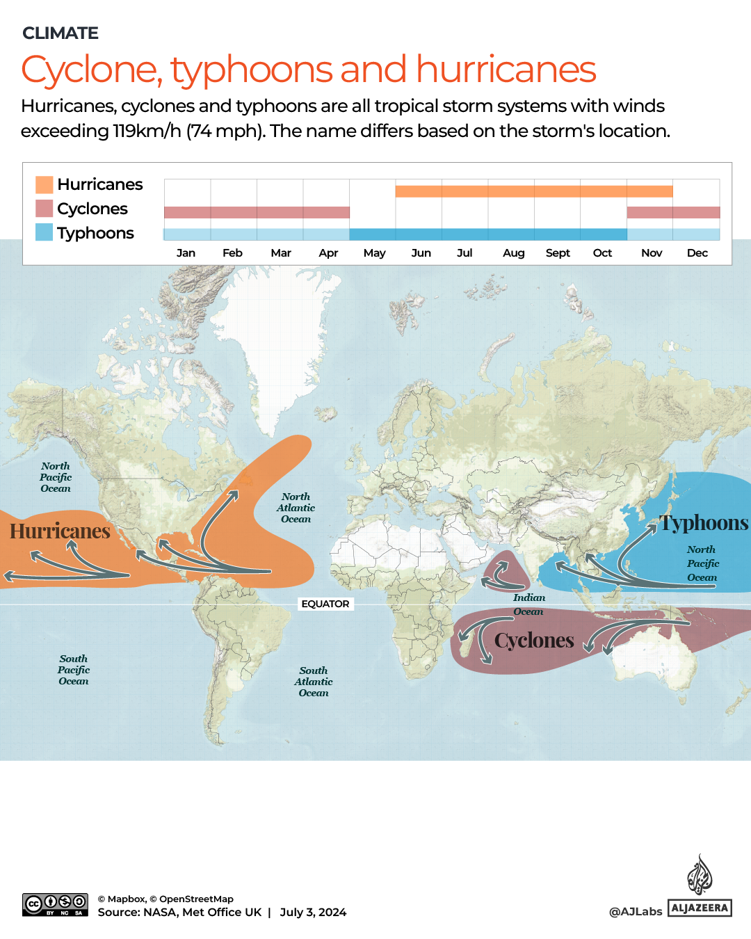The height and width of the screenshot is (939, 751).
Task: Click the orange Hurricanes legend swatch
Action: [45, 184]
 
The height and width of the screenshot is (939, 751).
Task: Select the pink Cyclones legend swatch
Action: [45, 209]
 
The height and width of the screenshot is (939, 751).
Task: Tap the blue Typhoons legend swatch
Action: [45, 232]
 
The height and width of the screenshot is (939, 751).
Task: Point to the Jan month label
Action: [186, 253]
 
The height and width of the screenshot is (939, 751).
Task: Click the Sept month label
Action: [558, 253]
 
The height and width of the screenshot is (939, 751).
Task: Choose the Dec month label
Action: [697, 253]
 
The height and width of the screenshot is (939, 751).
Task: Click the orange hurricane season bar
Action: [533, 191]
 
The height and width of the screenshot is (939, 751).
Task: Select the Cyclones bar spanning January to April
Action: [257, 212]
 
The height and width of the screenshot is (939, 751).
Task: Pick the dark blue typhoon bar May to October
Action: [487, 234]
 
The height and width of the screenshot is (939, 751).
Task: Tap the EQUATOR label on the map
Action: [325, 604]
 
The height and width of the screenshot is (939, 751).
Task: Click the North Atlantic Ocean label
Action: [296, 508]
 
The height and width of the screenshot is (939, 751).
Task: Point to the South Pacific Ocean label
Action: [74, 670]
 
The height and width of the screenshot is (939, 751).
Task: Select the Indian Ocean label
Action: [529, 604]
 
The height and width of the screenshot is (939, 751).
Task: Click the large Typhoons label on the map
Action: [704, 523]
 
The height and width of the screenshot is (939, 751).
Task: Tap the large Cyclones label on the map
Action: [534, 641]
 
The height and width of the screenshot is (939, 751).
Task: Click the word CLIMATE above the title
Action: [60, 33]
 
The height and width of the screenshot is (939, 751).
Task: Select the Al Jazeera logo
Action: [700, 887]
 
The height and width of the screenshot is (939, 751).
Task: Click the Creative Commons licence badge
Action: [55, 905]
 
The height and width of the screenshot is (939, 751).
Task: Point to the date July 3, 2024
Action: [313, 913]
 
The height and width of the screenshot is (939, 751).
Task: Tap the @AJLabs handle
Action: [636, 912]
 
